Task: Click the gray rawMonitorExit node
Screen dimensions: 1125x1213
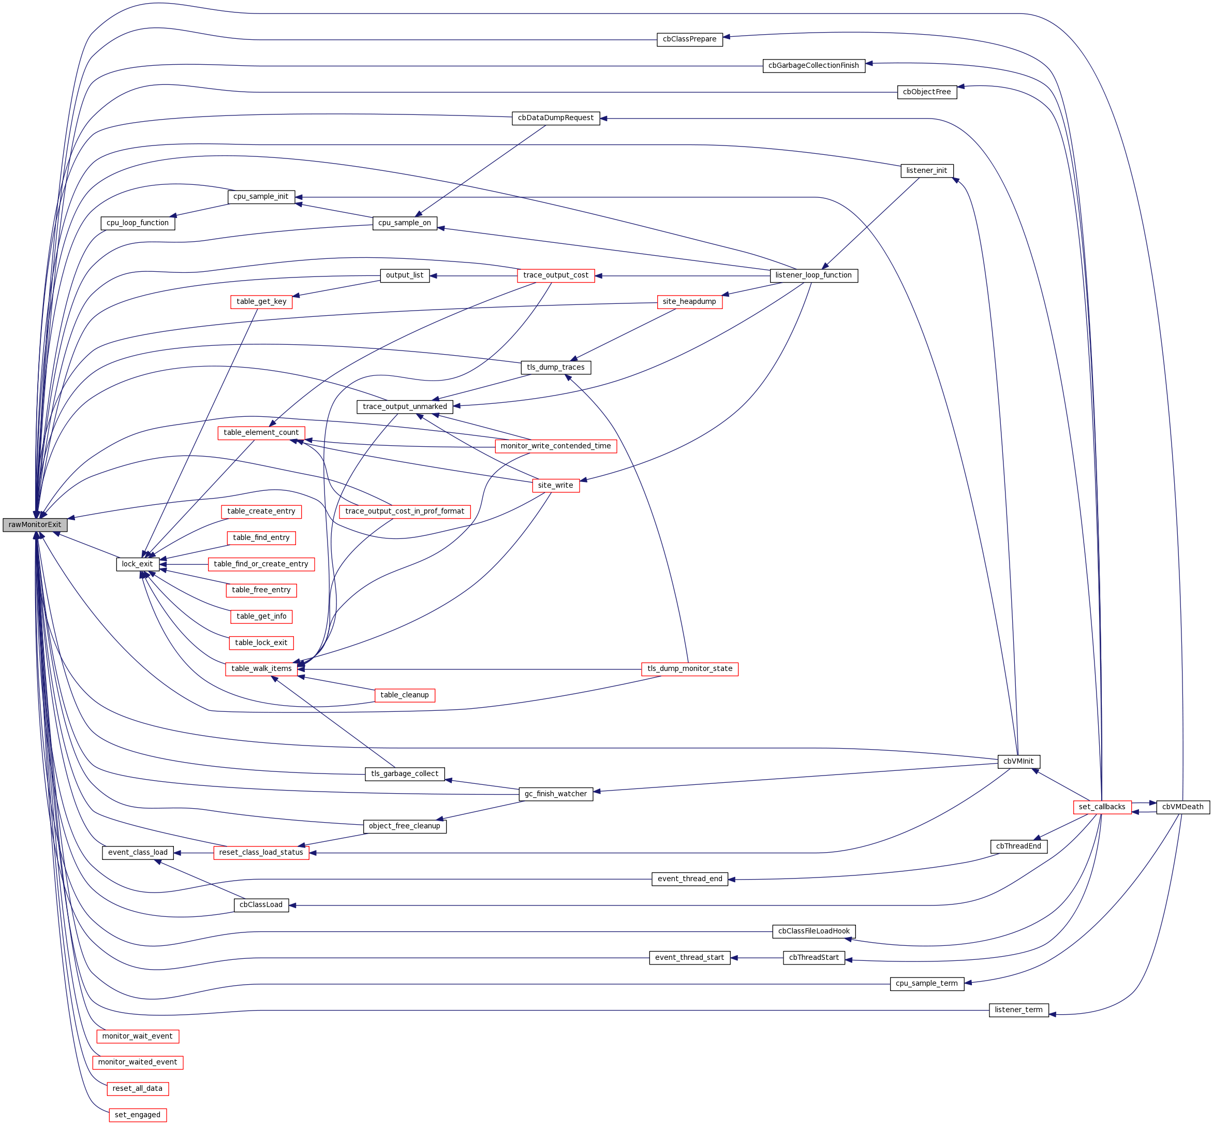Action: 35,525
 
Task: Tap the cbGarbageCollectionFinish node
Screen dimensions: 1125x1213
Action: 813,66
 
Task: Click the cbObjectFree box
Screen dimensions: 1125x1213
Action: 926,92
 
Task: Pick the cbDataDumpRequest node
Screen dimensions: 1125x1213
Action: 556,118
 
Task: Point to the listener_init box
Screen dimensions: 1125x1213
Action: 926,170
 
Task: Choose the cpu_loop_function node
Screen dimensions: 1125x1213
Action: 138,223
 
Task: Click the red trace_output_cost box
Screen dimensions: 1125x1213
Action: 556,275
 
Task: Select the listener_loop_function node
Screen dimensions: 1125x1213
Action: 813,275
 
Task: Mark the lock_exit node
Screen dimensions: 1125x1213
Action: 138,564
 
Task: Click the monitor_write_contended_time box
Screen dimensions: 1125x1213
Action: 556,446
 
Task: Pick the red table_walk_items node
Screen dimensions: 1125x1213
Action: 261,669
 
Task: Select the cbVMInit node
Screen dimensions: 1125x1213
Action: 1018,762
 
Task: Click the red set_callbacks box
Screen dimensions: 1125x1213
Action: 1102,807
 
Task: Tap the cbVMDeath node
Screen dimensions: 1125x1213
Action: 1182,807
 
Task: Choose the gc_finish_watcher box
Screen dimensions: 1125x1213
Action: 556,794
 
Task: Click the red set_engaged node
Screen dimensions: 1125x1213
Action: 138,1115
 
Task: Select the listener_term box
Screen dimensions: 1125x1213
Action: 1018,1010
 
